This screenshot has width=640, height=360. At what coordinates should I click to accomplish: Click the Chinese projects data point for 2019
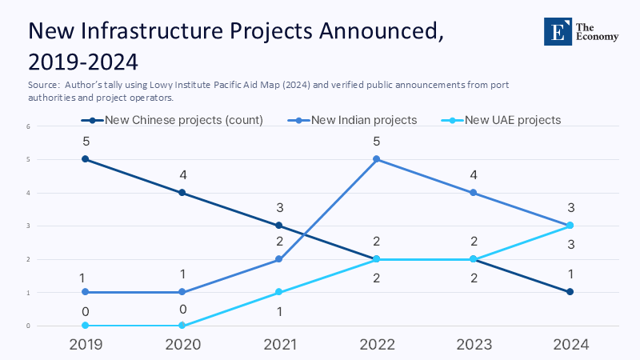pos(86,159)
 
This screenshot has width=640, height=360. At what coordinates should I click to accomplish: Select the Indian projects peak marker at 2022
pos(376,159)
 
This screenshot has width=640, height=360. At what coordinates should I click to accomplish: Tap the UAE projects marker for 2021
pos(279,292)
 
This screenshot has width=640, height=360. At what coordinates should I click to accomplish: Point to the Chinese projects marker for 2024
pos(570,292)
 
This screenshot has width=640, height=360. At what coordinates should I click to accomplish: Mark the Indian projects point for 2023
pos(473,192)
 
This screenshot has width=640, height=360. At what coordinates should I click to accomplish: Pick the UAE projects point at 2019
pos(86,326)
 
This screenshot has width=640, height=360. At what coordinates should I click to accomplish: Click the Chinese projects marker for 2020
pos(182,192)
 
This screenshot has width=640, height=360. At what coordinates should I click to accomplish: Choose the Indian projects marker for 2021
pos(279,259)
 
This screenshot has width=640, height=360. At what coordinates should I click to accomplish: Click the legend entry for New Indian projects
pos(364,120)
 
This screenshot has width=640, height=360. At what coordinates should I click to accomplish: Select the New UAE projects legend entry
pos(513,120)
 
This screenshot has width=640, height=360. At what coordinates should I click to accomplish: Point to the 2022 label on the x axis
pos(376,345)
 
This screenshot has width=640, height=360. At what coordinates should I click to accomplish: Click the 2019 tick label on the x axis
pos(86,345)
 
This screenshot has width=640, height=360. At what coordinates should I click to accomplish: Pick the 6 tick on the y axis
pos(28,126)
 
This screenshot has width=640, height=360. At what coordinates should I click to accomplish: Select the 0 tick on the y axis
pos(28,326)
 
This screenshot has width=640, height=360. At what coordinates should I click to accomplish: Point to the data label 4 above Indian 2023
pos(473,174)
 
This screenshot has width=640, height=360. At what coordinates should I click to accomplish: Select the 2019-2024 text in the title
pos(82,61)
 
